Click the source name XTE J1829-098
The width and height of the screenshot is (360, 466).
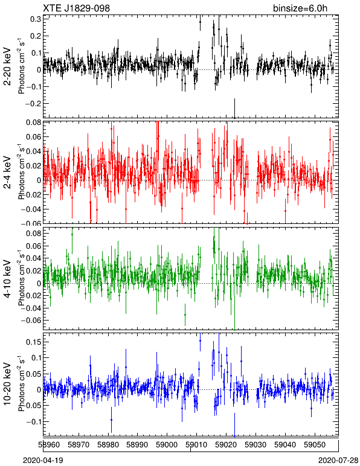coord(76,8)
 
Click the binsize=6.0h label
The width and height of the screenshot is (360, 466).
coord(300,8)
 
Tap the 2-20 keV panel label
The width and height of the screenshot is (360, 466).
coord(7,66)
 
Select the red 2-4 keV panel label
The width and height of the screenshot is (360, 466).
coord(7,172)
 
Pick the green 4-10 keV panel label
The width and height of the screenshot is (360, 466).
coord(7,278)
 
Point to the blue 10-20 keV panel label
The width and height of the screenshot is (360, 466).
coord(7,384)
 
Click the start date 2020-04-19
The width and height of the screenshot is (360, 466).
coord(43,461)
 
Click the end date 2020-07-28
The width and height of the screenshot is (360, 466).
coord(338,461)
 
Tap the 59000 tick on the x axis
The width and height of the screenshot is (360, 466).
coord(167,445)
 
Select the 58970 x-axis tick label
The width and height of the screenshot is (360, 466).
coord(79,445)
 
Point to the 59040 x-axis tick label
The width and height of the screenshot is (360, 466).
coord(285,445)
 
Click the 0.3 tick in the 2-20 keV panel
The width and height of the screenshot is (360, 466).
coord(36,19)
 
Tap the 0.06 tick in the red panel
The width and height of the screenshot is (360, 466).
coord(33,137)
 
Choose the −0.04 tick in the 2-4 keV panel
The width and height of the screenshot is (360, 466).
coord(31,209)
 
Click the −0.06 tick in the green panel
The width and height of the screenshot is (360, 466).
coord(31,321)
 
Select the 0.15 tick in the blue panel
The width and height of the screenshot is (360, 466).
coord(33,342)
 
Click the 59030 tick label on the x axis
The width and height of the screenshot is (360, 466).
coord(256,445)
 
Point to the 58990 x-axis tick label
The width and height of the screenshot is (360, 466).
coord(137,445)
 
